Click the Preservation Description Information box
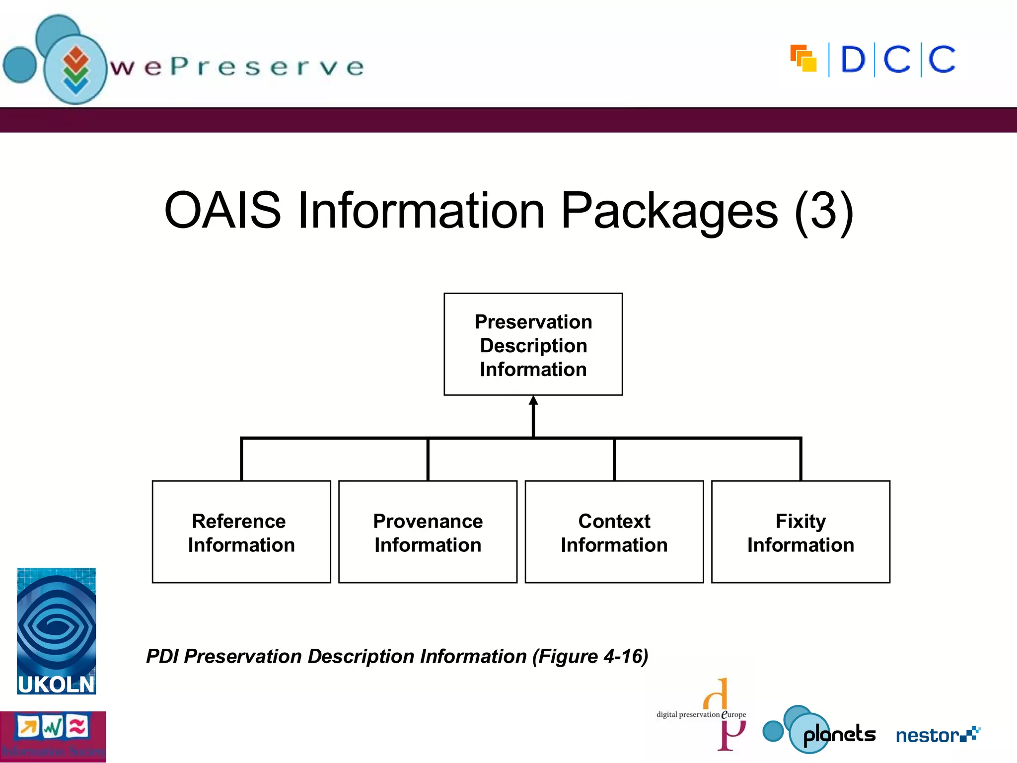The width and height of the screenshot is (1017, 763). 533,344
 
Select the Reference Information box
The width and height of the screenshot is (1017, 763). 241,532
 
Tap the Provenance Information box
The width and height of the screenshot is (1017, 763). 428,532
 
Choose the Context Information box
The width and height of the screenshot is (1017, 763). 614,532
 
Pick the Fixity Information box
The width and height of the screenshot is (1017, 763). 800,532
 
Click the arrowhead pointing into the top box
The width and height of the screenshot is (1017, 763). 533,401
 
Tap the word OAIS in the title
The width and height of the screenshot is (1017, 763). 222,211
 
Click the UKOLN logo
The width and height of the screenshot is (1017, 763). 56,631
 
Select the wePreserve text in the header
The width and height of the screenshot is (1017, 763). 237,67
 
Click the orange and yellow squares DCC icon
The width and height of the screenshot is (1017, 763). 803,59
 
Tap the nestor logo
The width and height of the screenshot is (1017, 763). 937,735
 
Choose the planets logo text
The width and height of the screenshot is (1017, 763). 839,734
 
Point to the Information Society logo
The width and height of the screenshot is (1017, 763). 53,737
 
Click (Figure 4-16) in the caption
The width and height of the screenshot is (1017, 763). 590,657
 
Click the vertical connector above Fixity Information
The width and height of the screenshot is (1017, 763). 800,459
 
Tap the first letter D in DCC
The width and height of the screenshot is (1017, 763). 853,60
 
